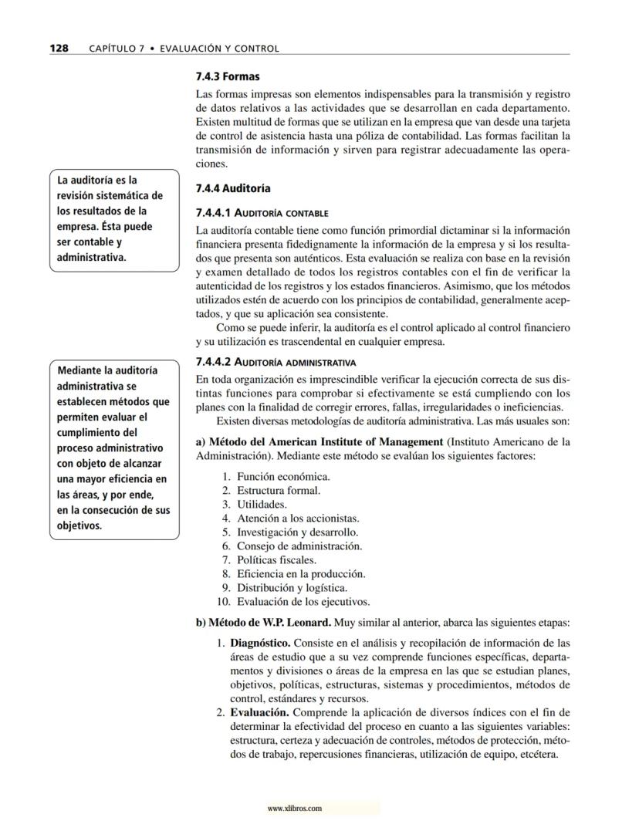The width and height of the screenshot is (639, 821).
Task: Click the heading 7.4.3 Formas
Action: [x=228, y=77]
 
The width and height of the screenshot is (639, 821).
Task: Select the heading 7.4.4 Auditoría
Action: [x=233, y=188]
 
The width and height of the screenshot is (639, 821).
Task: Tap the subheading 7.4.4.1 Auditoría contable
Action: [x=262, y=212]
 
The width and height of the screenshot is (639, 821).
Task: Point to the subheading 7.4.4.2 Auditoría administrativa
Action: [x=276, y=362]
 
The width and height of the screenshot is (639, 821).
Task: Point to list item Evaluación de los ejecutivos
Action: [x=303, y=601]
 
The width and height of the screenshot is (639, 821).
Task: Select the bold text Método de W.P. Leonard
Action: [x=269, y=623]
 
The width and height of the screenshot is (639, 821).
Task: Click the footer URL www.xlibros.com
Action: [x=293, y=809]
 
